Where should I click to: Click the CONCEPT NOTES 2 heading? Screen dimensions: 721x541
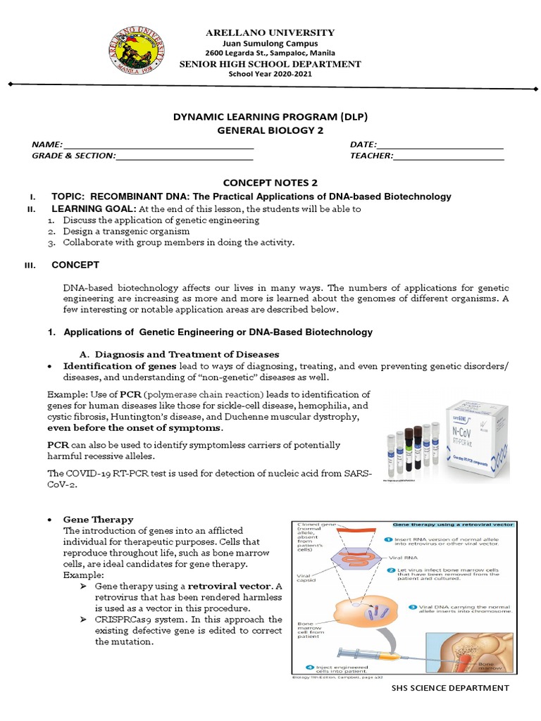(270, 182)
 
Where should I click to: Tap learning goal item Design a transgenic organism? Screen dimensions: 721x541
(126, 231)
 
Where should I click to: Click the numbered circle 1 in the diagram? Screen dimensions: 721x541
(389, 539)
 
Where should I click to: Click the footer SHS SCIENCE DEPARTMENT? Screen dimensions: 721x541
(449, 687)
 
